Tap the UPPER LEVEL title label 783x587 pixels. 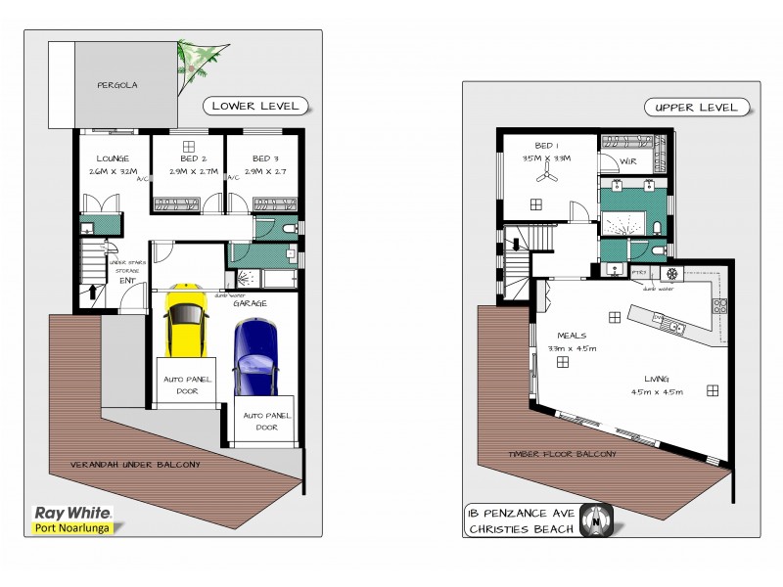[696, 107]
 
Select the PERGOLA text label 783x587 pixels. [116, 85]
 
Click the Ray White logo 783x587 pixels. [73, 512]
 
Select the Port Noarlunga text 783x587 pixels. [73, 528]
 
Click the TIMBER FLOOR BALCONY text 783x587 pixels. [562, 454]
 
